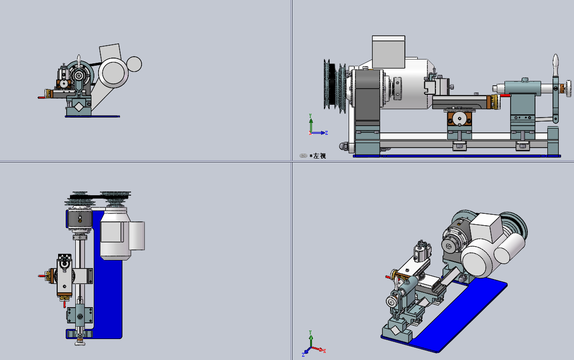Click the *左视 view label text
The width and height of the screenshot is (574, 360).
[318, 156]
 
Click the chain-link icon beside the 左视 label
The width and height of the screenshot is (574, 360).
[303, 156]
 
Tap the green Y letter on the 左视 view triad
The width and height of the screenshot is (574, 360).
[310, 116]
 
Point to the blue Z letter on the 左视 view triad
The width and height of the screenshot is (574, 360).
[326, 133]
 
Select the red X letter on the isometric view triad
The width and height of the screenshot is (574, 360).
[324, 351]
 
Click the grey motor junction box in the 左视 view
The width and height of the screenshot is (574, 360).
[389, 52]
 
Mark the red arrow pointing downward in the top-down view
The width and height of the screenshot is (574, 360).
[64, 304]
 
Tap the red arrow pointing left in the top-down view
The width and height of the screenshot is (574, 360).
[42, 276]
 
